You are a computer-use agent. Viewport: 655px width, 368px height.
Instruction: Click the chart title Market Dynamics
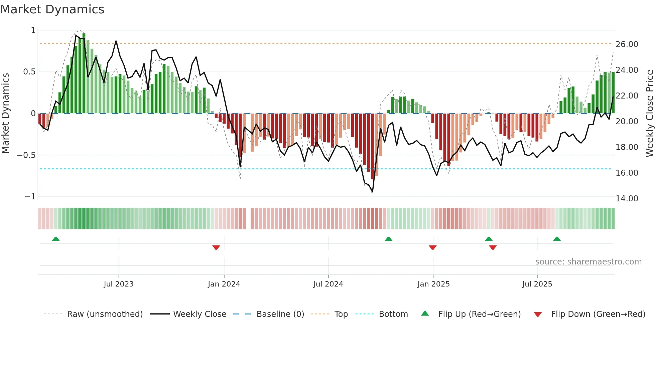pyautogui.click(x=52, y=9)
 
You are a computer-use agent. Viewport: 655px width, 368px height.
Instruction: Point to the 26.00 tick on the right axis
pyautogui.click(x=627, y=44)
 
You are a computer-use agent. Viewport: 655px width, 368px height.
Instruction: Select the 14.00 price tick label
pyautogui.click(x=627, y=199)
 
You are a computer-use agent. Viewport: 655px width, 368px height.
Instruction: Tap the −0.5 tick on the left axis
pyautogui.click(x=26, y=155)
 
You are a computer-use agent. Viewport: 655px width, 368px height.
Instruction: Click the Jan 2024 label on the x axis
pyautogui.click(x=224, y=284)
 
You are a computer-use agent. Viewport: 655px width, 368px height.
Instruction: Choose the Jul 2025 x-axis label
pyautogui.click(x=537, y=284)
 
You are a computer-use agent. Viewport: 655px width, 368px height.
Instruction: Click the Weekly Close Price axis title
pyautogui.click(x=649, y=114)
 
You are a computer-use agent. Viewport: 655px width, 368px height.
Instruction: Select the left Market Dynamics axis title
pyautogui.click(x=5, y=114)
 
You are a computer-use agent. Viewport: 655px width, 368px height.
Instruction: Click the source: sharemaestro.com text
pyautogui.click(x=588, y=262)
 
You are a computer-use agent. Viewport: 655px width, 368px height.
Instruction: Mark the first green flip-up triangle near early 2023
pyautogui.click(x=56, y=239)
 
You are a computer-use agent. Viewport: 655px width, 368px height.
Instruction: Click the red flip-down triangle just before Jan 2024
pyautogui.click(x=216, y=247)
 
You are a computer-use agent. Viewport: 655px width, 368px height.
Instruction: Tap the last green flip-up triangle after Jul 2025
pyautogui.click(x=557, y=239)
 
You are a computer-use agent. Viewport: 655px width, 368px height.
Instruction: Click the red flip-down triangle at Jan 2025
pyautogui.click(x=432, y=247)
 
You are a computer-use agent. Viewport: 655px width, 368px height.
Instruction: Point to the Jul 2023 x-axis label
pyautogui.click(x=119, y=284)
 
